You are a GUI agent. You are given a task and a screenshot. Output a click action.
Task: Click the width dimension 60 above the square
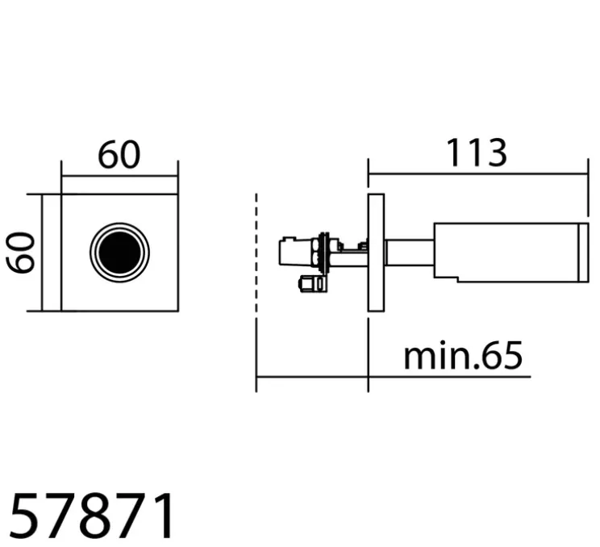(x=119, y=155)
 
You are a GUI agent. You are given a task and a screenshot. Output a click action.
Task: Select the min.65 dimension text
(x=463, y=355)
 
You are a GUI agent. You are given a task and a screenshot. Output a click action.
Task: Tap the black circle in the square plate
(x=119, y=252)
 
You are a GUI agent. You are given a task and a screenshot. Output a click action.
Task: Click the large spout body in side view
(x=505, y=252)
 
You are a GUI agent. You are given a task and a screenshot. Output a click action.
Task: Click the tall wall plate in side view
(x=376, y=252)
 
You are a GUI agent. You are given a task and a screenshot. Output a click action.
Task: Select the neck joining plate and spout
(x=409, y=252)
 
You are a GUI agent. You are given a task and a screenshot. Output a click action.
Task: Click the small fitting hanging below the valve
(x=308, y=283)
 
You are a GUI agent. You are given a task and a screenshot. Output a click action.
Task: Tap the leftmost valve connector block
(x=288, y=252)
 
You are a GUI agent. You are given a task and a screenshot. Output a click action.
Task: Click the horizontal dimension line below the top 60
(x=119, y=176)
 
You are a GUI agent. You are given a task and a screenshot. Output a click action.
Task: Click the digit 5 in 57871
(x=26, y=517)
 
